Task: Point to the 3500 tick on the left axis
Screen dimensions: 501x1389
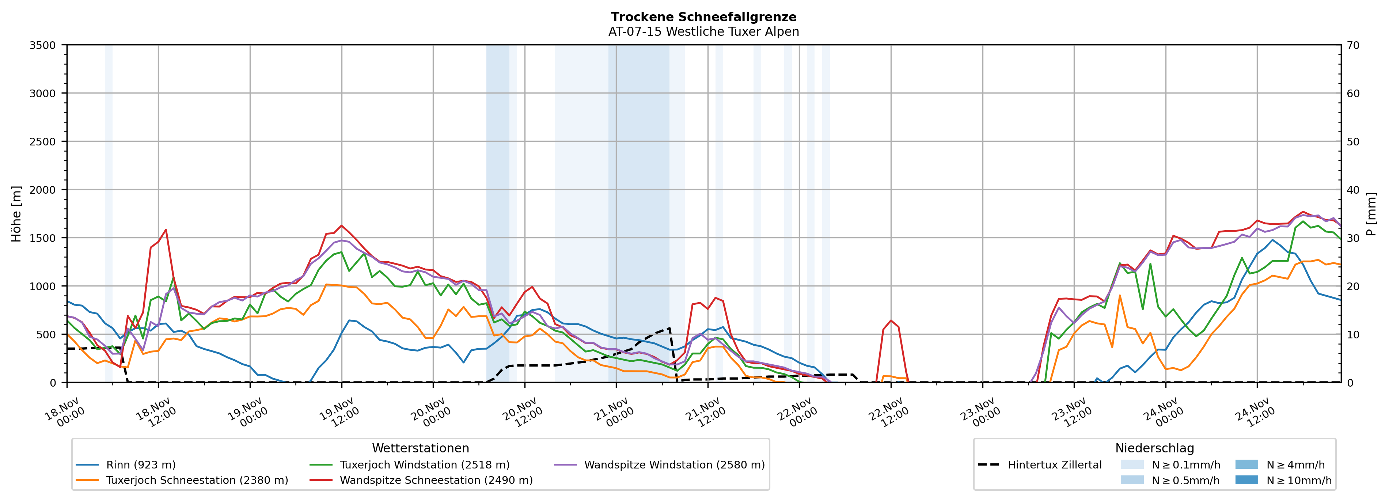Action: click(x=43, y=45)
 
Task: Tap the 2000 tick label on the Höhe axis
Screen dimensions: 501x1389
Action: click(x=43, y=190)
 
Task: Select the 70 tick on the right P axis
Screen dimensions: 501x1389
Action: click(x=1353, y=45)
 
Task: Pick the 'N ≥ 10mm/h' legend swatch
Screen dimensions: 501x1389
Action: click(x=1246, y=480)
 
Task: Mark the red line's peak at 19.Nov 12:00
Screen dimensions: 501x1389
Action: click(x=341, y=225)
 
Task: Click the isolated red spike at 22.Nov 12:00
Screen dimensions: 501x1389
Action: click(x=891, y=320)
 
